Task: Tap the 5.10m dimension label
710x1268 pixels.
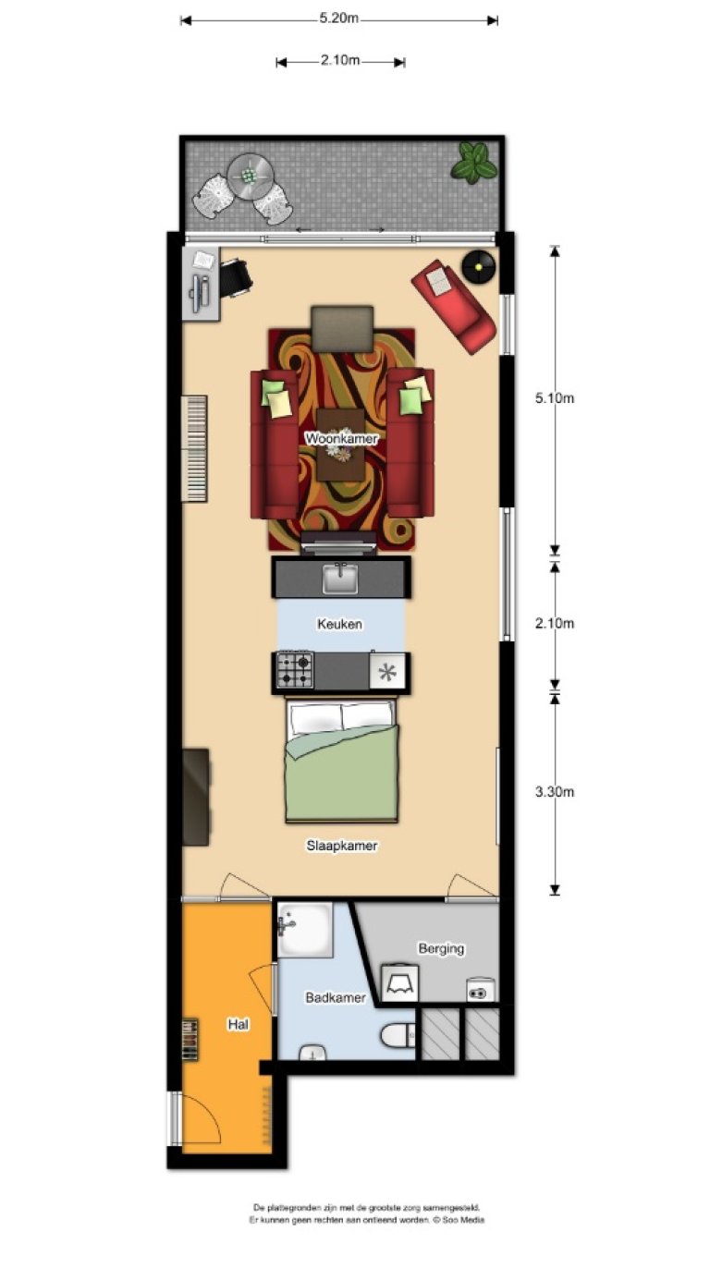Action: pyautogui.click(x=555, y=399)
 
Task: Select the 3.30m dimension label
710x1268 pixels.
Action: pyautogui.click(x=555, y=792)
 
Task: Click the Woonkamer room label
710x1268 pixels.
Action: pyautogui.click(x=341, y=439)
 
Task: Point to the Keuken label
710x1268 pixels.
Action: pyautogui.click(x=340, y=625)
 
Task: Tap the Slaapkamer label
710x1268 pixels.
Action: pyautogui.click(x=342, y=846)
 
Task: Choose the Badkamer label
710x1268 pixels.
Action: pyautogui.click(x=335, y=998)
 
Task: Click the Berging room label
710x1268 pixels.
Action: pyautogui.click(x=441, y=948)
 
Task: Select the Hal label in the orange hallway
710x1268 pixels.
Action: pyautogui.click(x=239, y=1024)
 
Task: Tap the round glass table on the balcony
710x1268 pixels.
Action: pyautogui.click(x=250, y=172)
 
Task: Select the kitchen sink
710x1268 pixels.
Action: pyautogui.click(x=340, y=579)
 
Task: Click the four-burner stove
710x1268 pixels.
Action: pyautogui.click(x=296, y=670)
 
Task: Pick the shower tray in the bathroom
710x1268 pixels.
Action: pyautogui.click(x=304, y=930)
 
